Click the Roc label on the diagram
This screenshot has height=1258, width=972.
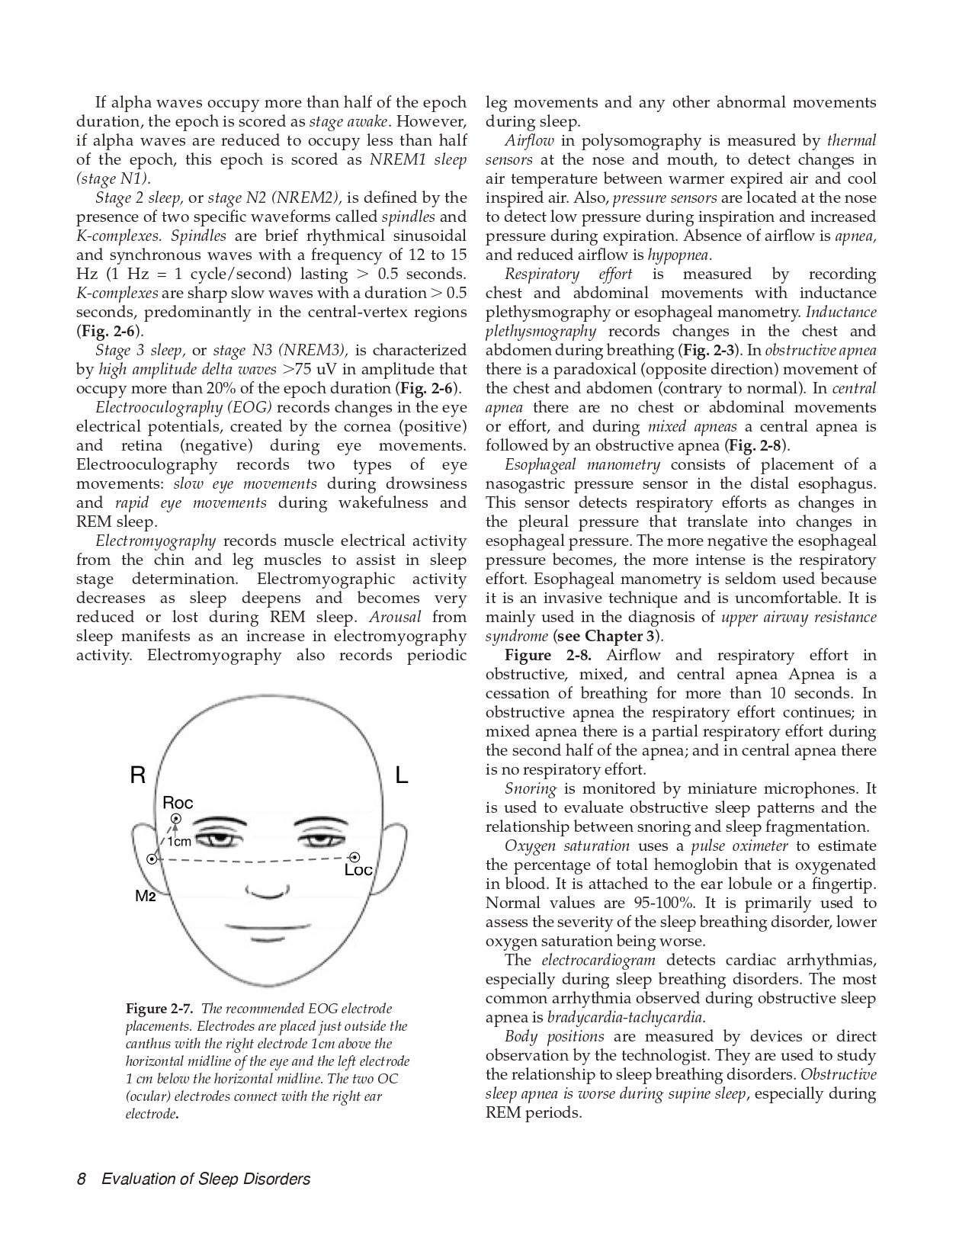(x=178, y=803)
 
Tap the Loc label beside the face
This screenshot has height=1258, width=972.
(x=358, y=870)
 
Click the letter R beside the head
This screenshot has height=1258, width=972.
(x=137, y=776)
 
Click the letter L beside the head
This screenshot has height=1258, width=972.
(x=402, y=776)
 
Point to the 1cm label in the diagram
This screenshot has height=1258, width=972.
(x=178, y=842)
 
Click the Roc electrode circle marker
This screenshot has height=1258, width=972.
(x=176, y=820)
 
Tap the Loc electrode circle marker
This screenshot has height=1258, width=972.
(x=354, y=858)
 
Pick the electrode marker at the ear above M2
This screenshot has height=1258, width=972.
(x=152, y=859)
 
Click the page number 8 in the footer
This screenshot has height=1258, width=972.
(x=81, y=1179)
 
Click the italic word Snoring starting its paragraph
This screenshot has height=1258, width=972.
(x=530, y=789)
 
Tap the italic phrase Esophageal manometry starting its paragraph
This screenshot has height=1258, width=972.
(x=582, y=465)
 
